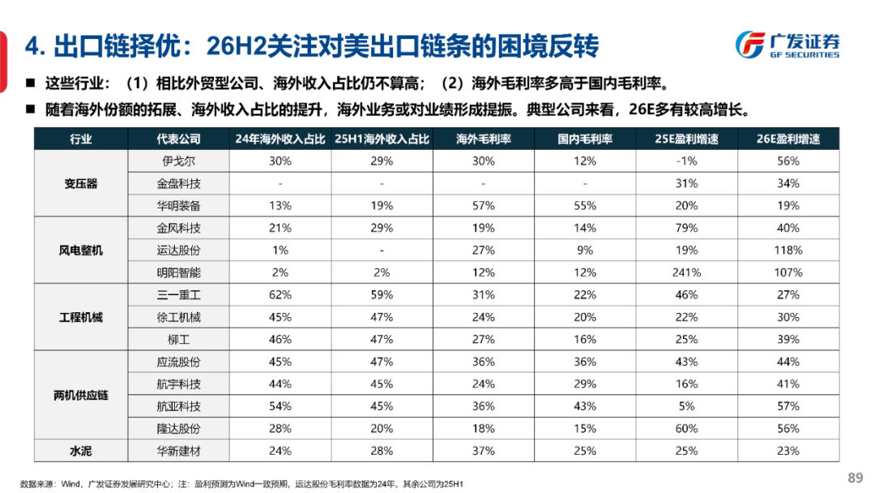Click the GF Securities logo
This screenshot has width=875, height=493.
tap(787, 45)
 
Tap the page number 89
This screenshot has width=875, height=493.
tap(855, 477)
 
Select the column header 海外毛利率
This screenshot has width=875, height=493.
tap(484, 139)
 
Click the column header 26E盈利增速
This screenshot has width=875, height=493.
tap(787, 139)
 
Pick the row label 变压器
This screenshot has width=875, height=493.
tap(81, 183)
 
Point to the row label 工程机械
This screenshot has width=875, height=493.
tap(81, 317)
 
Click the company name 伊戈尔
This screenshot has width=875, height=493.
tap(178, 161)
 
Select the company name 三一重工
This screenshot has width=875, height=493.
tap(178, 295)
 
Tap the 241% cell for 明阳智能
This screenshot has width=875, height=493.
tap(686, 272)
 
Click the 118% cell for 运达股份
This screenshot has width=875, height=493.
tap(787, 251)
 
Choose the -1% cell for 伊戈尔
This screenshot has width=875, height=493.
tap(686, 161)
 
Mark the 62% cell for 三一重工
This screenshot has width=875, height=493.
tap(280, 295)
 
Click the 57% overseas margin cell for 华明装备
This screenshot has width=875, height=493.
tap(484, 206)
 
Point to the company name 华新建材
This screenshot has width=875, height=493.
tap(178, 451)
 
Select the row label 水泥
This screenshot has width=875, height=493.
tap(81, 451)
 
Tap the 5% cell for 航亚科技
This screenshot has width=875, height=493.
tap(686, 406)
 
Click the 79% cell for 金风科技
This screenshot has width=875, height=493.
tap(686, 229)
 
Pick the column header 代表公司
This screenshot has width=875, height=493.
tap(178, 139)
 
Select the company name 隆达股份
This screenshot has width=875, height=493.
tap(178, 428)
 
